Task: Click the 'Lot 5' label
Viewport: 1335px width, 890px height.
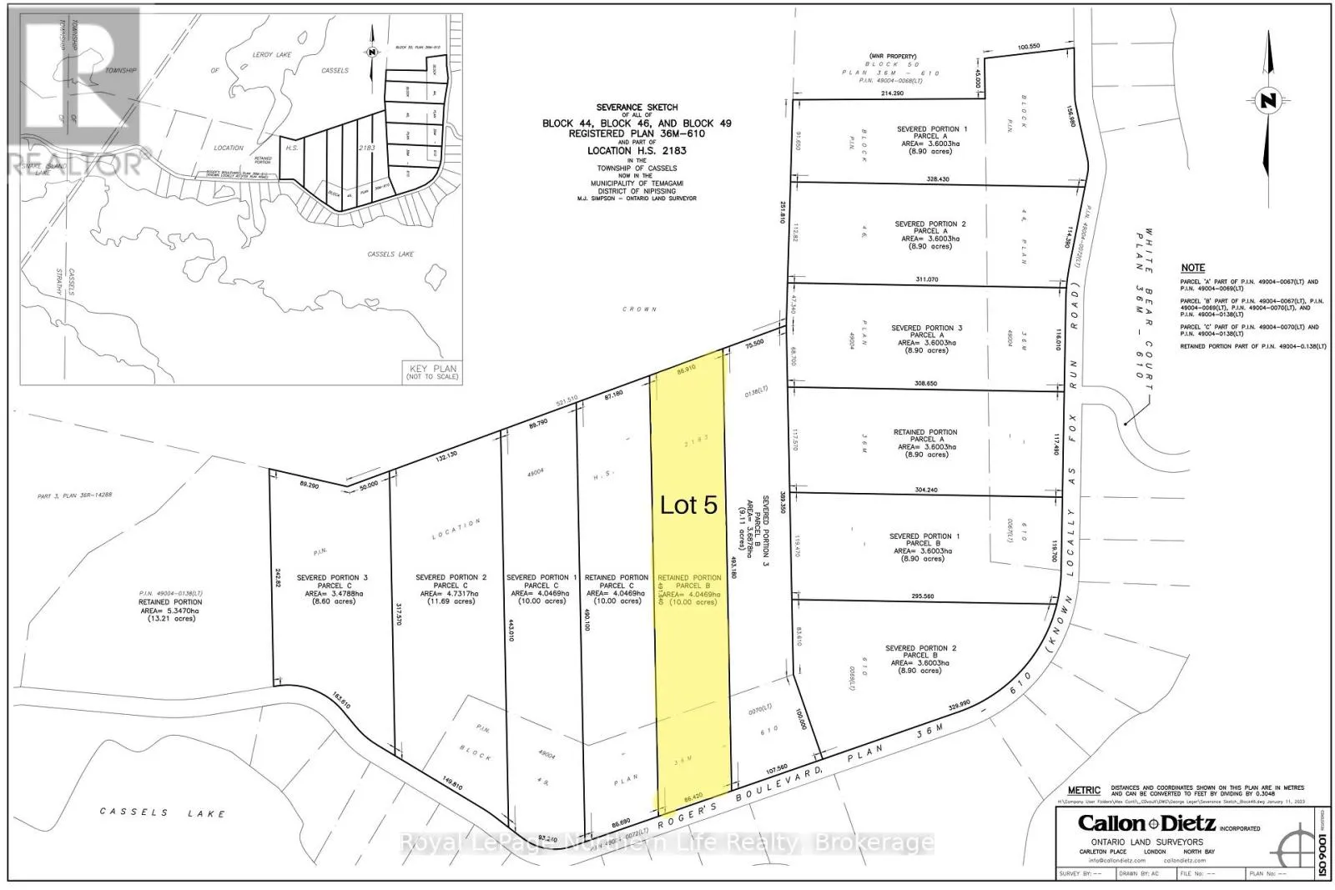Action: [688, 505]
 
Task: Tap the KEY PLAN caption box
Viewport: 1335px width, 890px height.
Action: [432, 371]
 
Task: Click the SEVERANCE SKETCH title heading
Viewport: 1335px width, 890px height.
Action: [637, 108]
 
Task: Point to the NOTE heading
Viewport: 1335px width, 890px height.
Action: [1192, 268]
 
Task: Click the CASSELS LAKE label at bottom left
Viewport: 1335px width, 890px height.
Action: [163, 812]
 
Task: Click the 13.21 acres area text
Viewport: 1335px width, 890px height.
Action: [170, 618]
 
